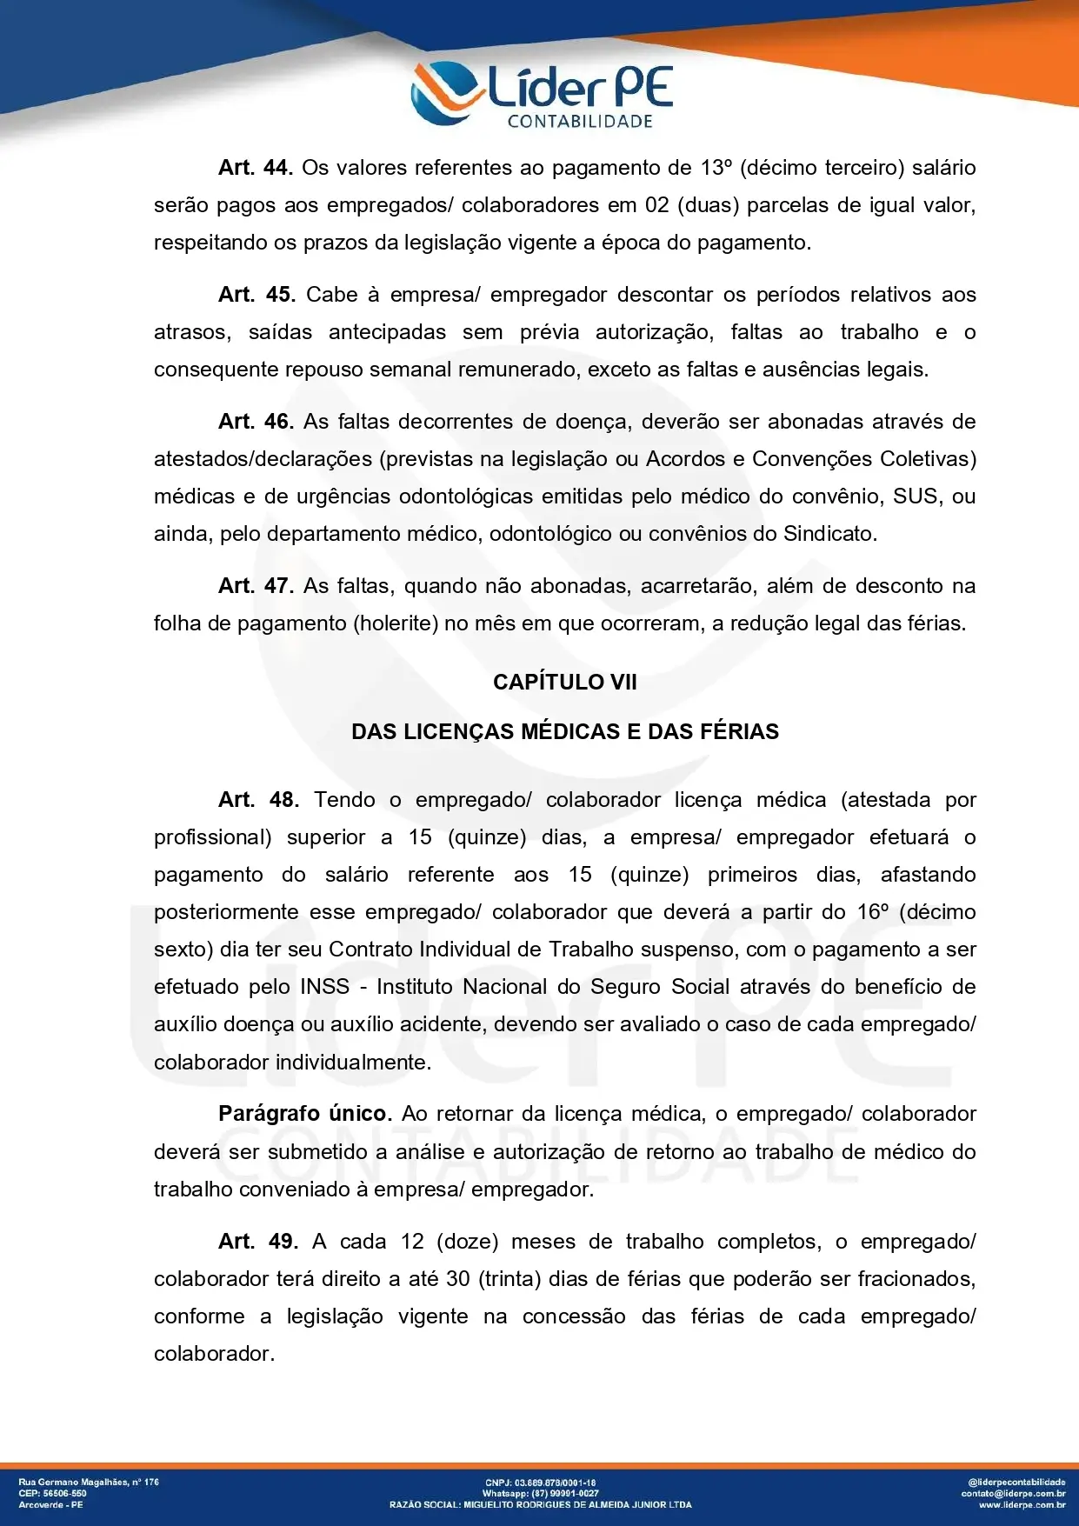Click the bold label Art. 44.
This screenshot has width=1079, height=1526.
click(x=255, y=168)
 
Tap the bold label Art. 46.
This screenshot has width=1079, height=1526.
click(x=255, y=422)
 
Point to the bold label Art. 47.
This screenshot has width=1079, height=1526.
click(x=255, y=586)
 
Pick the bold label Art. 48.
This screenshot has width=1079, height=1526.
click(x=258, y=800)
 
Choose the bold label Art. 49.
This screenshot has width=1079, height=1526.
click(x=258, y=1242)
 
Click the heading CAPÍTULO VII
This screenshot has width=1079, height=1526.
click(x=564, y=683)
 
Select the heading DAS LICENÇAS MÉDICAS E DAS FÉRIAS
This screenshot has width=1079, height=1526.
click(x=564, y=732)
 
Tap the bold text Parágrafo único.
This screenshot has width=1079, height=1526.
click(x=305, y=1114)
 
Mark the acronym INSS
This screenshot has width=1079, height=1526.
click(x=325, y=987)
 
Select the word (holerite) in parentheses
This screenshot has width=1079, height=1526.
click(x=396, y=623)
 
